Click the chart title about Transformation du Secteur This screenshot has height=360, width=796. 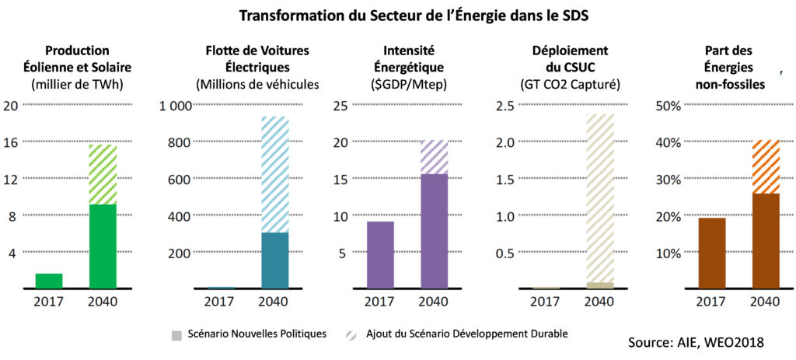coord(413,15)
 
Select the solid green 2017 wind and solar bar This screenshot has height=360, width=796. coord(48,281)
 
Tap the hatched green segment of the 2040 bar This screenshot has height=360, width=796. coord(103,174)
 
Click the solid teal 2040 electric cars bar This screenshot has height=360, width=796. coord(274,260)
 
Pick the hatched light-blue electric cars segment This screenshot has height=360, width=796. coord(274,174)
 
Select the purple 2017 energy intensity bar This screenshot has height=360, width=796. coord(380,255)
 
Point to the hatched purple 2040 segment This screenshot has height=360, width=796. coord(435,157)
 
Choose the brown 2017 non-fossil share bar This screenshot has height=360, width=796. coord(712,253)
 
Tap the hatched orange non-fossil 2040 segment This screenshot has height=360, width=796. coord(766,166)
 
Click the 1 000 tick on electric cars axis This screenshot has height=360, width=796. coord(175,106)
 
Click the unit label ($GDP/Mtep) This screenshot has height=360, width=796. coord(399,83)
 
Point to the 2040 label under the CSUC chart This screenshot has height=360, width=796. coord(600,302)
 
